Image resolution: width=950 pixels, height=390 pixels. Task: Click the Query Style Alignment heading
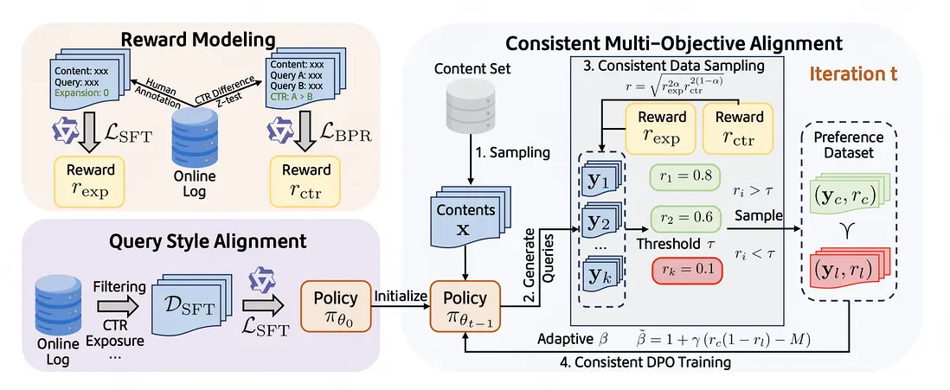coord(198,240)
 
